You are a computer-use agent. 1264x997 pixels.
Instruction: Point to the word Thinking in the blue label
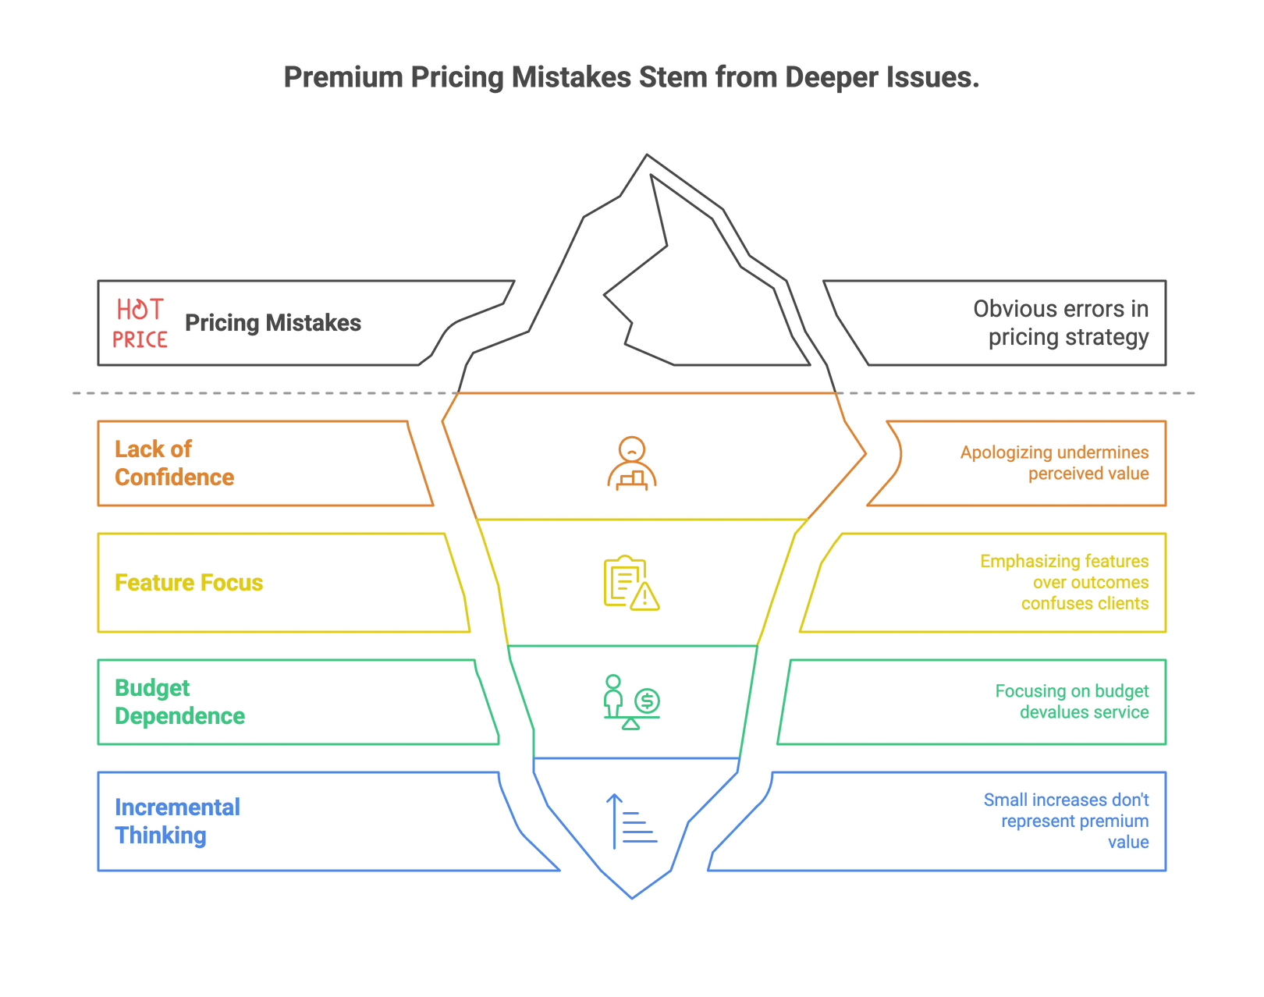(x=162, y=836)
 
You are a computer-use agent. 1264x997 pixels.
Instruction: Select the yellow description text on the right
(x=1065, y=582)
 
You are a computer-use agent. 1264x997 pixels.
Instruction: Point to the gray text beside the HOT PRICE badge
(x=273, y=324)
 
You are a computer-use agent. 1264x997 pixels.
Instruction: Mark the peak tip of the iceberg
(x=647, y=154)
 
